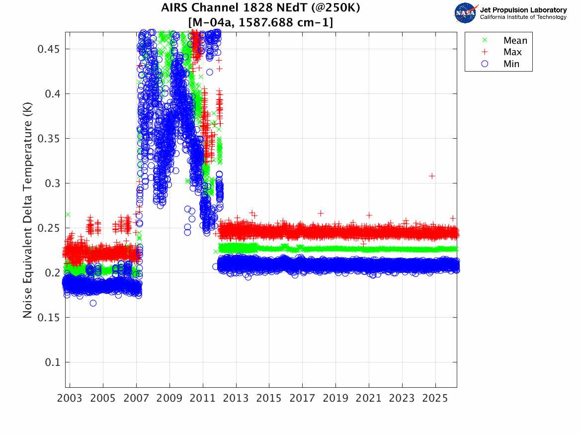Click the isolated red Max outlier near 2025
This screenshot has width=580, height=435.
coord(432,176)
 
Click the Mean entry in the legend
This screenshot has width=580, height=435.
coord(515,41)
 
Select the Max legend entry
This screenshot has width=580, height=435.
coord(512,52)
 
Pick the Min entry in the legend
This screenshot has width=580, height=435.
coord(511,64)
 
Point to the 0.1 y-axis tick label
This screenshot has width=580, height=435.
coord(52,362)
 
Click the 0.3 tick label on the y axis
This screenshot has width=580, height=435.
coord(52,183)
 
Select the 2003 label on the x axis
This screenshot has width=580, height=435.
coord(70,398)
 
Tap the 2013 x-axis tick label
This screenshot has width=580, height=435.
coord(236,398)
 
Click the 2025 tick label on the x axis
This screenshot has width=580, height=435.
coord(435,398)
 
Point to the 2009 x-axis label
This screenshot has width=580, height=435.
coord(169,398)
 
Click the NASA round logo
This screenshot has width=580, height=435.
coord(466,13)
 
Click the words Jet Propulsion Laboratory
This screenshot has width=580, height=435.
coord(523,10)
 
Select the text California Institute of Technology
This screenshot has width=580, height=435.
coord(523,17)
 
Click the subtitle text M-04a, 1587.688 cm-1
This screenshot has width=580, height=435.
coord(260,23)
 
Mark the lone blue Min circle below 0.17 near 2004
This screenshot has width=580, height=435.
coord(93,303)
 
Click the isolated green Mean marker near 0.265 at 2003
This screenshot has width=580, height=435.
coord(68,214)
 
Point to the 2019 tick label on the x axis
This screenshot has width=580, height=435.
coord(335,398)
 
